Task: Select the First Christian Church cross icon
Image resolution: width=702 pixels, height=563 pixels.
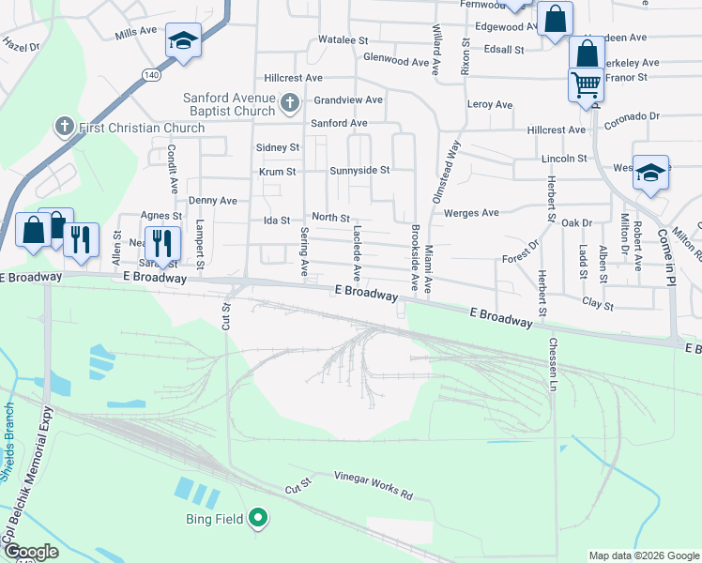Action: (x=65, y=125)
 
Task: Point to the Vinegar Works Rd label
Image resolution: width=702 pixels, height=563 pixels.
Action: (x=374, y=484)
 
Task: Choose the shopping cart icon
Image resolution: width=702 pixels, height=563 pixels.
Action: (x=587, y=84)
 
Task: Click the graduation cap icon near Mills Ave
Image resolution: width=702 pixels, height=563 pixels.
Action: (x=183, y=40)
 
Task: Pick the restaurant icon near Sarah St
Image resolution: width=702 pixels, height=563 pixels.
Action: (x=164, y=243)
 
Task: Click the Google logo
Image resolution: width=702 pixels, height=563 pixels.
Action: (x=31, y=552)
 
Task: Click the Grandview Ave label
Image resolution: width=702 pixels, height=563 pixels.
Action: (x=348, y=99)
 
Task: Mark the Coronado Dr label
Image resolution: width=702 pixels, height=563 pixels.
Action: (x=632, y=117)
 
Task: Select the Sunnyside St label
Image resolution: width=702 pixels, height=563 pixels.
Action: (x=359, y=171)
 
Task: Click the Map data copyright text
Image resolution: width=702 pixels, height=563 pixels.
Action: (x=643, y=555)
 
